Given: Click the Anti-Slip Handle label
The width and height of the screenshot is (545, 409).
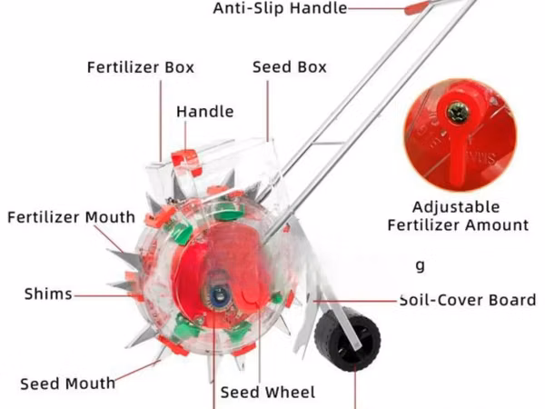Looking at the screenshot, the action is click(x=280, y=8).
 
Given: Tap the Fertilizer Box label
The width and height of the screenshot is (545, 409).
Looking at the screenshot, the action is click(x=141, y=67).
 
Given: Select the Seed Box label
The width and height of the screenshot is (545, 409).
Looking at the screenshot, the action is click(x=290, y=66).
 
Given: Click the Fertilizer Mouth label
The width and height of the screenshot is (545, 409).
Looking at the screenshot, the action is click(x=71, y=217).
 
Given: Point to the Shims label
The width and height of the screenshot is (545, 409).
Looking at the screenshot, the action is click(x=48, y=294).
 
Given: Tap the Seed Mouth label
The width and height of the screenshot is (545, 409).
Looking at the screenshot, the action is click(x=68, y=384).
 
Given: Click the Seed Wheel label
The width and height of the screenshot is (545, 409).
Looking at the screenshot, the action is click(x=268, y=393).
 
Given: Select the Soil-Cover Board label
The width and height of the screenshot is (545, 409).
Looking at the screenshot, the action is click(x=468, y=300).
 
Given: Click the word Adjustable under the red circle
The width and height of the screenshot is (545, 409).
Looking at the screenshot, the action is click(x=456, y=207).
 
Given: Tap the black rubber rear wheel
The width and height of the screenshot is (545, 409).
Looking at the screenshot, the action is click(x=348, y=340).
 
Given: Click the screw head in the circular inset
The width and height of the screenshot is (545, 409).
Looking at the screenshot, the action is click(x=458, y=113).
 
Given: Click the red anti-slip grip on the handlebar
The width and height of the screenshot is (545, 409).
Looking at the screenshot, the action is click(x=416, y=7).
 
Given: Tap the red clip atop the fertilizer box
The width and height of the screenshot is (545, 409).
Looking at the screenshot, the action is click(x=186, y=162).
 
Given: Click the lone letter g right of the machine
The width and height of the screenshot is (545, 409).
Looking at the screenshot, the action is click(x=421, y=266).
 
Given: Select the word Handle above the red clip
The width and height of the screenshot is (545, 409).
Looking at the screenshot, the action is click(x=205, y=112).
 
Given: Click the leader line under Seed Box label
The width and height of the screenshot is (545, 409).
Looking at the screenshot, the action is click(x=268, y=111).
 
